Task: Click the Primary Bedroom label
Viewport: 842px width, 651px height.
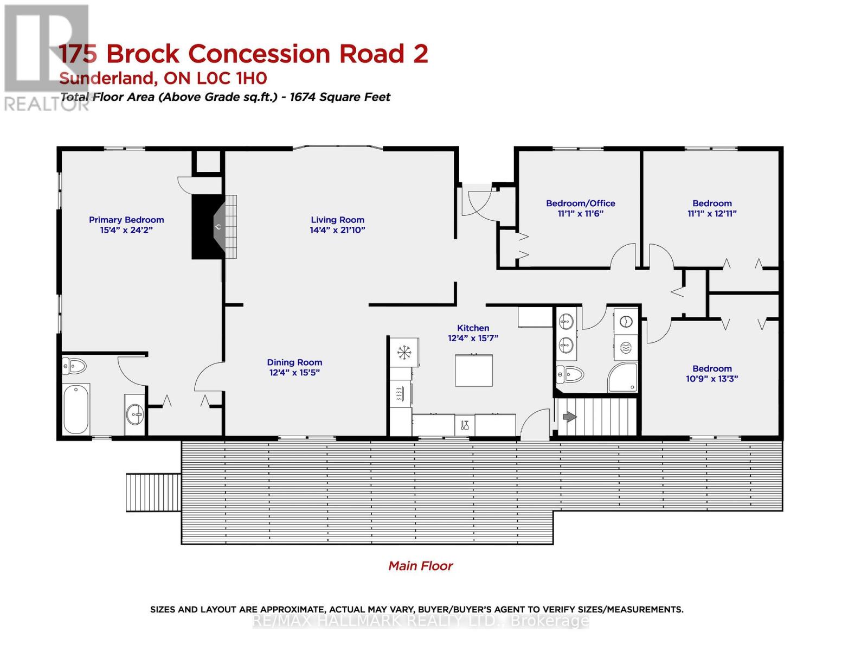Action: coord(126,220)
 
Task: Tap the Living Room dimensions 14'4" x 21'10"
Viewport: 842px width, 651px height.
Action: coord(337,230)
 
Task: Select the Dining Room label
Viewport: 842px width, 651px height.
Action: coord(294,362)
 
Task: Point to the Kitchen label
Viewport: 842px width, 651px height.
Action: coord(473,328)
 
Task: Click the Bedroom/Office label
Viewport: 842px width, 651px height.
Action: coord(581,203)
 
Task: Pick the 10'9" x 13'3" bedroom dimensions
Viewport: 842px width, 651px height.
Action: coord(712,379)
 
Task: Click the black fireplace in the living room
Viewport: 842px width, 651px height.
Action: coord(208,227)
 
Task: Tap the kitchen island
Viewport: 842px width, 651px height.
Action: coord(473,371)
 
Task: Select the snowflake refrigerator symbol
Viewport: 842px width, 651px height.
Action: coord(403,353)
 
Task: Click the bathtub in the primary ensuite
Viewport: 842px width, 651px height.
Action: coord(76,409)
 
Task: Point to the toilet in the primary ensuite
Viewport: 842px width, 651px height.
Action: coord(74,366)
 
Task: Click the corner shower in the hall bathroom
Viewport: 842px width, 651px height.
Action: coord(622,377)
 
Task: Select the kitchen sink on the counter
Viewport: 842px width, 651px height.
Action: coord(465,425)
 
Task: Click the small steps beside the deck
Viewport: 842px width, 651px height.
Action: coord(153,493)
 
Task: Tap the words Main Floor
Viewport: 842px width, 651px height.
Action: coord(420,566)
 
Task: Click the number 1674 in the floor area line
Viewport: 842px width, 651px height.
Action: coord(303,97)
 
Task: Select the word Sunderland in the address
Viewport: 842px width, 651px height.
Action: coord(108,79)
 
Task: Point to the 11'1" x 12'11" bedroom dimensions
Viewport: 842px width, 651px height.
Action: coord(712,214)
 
